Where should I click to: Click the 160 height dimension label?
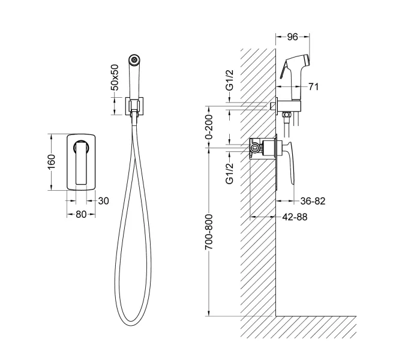coord(52,161)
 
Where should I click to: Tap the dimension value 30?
coord(104,201)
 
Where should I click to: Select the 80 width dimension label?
coord(81,214)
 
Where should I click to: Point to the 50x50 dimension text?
coord(115,77)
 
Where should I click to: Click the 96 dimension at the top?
coord(293,37)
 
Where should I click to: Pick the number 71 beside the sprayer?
coord(314,87)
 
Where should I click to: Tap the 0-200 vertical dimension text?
coord(209,127)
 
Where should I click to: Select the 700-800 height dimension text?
coord(209,232)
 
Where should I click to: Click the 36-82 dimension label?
coord(313,201)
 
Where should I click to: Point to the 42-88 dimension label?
coord(295,217)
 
